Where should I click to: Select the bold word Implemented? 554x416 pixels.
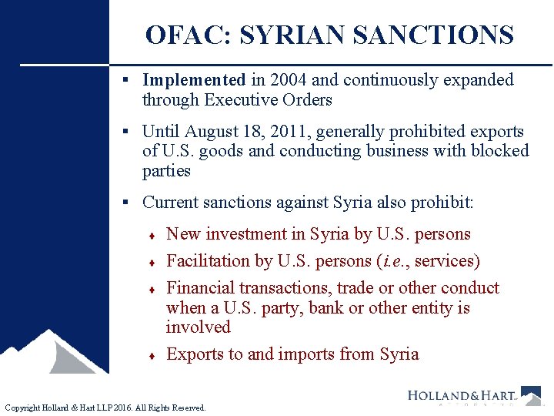(194, 80)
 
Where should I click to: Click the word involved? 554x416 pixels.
(198, 327)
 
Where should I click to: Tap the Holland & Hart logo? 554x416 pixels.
(473, 396)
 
